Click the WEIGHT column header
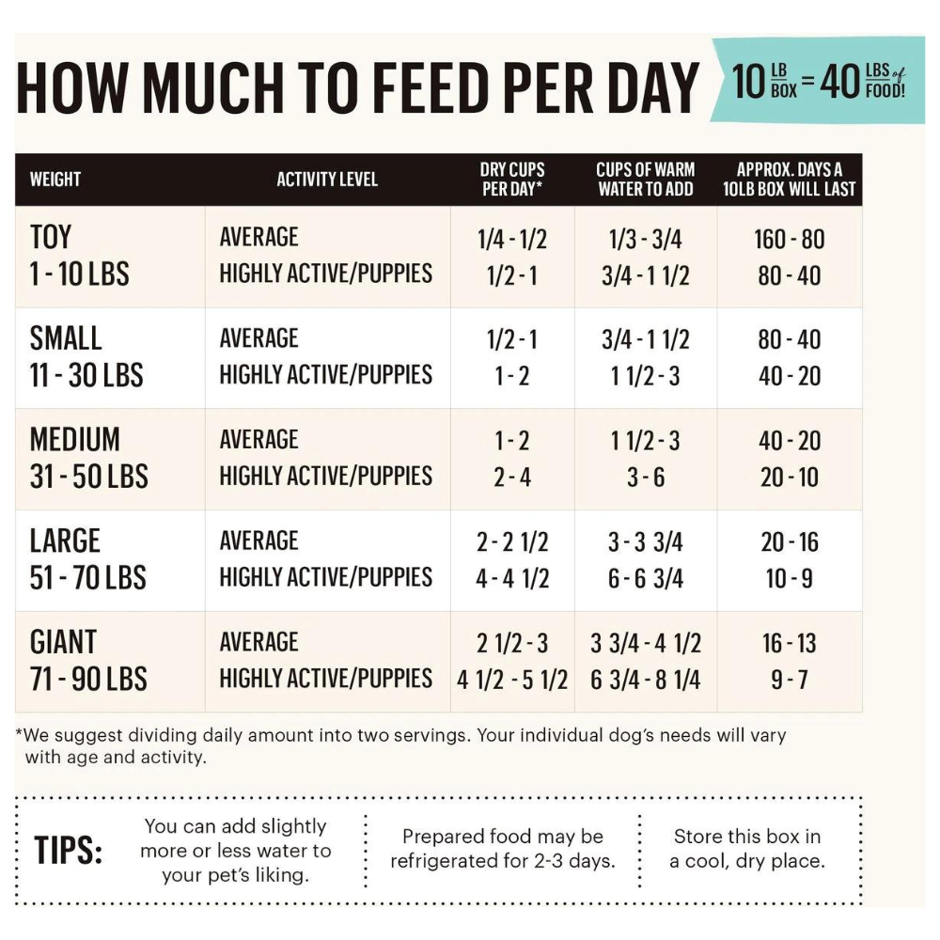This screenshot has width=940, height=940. [x=55, y=179]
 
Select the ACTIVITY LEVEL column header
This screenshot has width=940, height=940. [x=327, y=179]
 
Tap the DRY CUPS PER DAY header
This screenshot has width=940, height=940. [x=512, y=179]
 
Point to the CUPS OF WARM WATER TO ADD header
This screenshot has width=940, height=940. [x=646, y=179]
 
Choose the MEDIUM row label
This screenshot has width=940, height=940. [x=75, y=440]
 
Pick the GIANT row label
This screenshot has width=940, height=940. [x=63, y=643]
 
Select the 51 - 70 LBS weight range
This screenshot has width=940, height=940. [x=88, y=577]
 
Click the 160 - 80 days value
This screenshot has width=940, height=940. [x=789, y=239]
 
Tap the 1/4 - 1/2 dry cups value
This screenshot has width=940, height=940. [x=512, y=239]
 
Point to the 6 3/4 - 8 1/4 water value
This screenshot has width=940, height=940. [x=646, y=680]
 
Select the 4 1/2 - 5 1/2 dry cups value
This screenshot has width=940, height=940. [x=512, y=680]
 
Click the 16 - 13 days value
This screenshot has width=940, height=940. [x=789, y=644]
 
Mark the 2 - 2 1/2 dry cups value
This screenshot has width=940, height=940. [x=512, y=542]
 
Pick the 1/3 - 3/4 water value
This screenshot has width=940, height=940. [x=646, y=239]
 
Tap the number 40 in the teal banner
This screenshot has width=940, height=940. [x=840, y=83]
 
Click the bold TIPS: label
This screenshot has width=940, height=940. [x=69, y=851]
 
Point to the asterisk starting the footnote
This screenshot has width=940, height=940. [x=19, y=732]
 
